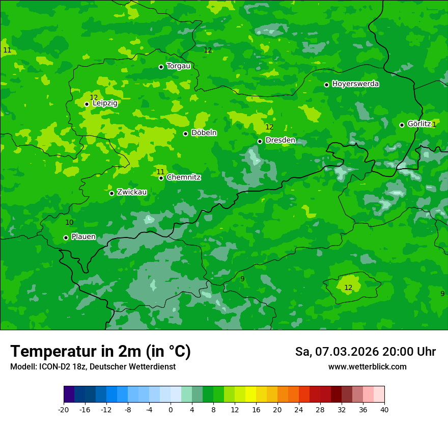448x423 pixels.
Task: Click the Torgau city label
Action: pos(178,66)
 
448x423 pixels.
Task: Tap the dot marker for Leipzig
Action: pos(87,104)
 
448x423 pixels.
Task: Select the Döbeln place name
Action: pos(204,133)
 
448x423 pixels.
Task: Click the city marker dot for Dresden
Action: pos(260,141)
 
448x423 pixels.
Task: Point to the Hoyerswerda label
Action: pos(355,84)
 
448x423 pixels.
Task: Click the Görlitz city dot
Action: pos(402,125)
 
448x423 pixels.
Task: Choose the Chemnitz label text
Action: pos(183,177)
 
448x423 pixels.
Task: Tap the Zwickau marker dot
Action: pos(111,193)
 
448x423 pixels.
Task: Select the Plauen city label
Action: pos(83,237)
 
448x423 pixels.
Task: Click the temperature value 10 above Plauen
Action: pos(69,223)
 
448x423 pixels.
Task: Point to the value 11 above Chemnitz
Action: pos(160,172)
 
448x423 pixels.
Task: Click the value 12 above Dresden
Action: pos(269,127)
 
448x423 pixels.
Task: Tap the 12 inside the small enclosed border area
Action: pos(348,288)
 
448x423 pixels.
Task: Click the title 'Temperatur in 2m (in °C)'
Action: pos(100,352)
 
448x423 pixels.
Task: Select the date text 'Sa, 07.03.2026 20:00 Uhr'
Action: pos(365,352)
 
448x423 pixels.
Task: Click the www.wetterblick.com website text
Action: pos(367,367)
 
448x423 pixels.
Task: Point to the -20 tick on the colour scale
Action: pos(63,409)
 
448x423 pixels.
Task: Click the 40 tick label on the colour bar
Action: pos(384,409)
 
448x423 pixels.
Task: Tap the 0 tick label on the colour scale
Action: pos(171,409)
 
